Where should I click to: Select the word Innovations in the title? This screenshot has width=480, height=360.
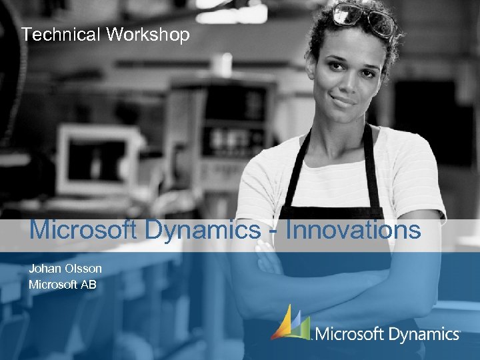tap(353, 230)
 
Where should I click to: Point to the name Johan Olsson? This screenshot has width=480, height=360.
tap(65, 269)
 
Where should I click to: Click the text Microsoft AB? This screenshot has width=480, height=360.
tap(63, 285)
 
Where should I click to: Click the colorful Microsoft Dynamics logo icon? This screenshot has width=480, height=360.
tap(291, 323)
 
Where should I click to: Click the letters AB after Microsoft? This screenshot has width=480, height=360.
tap(89, 285)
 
